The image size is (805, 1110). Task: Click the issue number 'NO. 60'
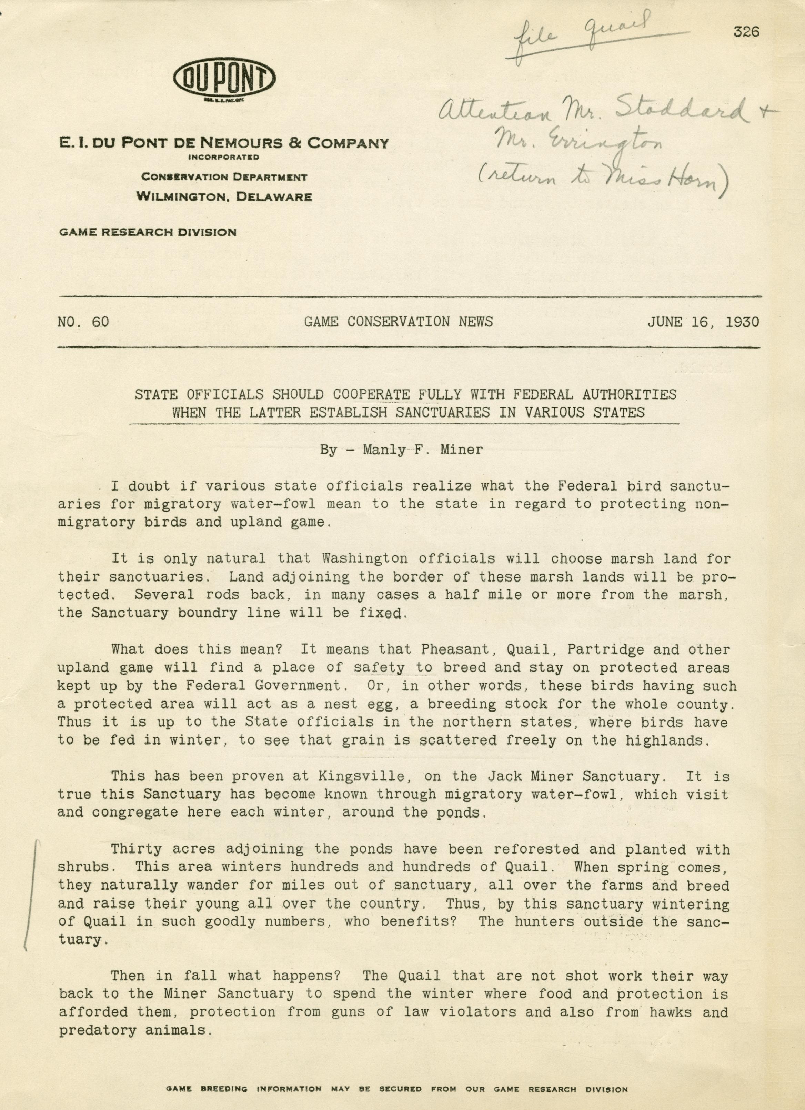point(83,322)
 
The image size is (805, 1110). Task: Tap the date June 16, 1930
point(703,322)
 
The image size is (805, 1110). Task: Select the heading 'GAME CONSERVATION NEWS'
point(398,322)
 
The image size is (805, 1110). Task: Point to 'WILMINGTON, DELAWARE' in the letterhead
point(224,197)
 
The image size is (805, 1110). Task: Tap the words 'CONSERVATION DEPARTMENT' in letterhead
point(224,177)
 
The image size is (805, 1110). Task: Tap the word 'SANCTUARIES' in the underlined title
point(442,413)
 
